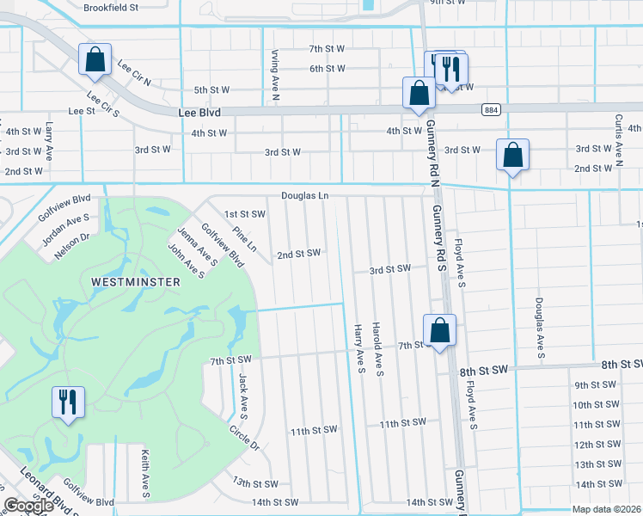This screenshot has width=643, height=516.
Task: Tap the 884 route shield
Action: [490, 110]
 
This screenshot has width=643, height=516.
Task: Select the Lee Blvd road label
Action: [199, 113]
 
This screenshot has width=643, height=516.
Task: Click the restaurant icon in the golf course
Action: [68, 402]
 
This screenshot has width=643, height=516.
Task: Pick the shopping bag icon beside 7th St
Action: [439, 330]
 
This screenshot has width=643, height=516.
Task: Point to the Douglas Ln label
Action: [304, 196]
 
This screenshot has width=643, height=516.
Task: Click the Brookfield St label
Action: [111, 8]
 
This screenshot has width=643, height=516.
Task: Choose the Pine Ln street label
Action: [244, 239]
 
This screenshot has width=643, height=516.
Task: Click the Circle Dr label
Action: [244, 437]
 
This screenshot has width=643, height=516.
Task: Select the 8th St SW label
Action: [483, 369]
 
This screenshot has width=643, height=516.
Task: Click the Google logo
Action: [28, 506]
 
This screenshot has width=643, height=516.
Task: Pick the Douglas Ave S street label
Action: [540, 325]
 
